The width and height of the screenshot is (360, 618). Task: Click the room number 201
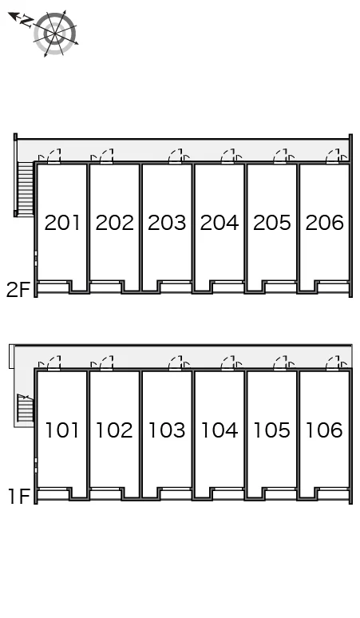pyautogui.click(x=62, y=223)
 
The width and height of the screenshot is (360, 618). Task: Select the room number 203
pyautogui.click(x=167, y=223)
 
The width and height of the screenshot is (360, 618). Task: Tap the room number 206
pyautogui.click(x=325, y=223)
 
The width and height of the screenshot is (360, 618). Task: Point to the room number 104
pyautogui.click(x=220, y=430)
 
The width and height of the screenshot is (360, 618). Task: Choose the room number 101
pyautogui.click(x=62, y=430)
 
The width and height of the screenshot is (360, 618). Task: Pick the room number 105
pyautogui.click(x=271, y=430)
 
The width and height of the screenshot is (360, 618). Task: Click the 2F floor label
pyautogui.click(x=18, y=291)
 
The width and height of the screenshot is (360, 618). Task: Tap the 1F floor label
pyautogui.click(x=19, y=497)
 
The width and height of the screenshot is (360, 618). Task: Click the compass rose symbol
pyautogui.click(x=54, y=34)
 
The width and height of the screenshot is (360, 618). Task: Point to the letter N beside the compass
pyautogui.click(x=26, y=22)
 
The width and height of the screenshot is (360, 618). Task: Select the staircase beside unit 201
pyautogui.click(x=25, y=188)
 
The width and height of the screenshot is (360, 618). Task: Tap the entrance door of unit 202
pyautogui.click(x=106, y=156)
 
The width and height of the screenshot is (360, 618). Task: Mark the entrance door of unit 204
pyautogui.click(x=227, y=156)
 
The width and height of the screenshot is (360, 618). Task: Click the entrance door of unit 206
pyautogui.click(x=332, y=156)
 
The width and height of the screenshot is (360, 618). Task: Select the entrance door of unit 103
pyautogui.click(x=176, y=363)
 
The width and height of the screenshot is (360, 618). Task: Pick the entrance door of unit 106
pyautogui.click(x=332, y=363)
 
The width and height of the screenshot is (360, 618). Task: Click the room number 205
pyautogui.click(x=271, y=223)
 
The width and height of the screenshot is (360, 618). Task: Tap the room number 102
pyautogui.click(x=114, y=430)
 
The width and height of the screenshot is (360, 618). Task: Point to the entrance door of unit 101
pyautogui.click(x=54, y=363)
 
